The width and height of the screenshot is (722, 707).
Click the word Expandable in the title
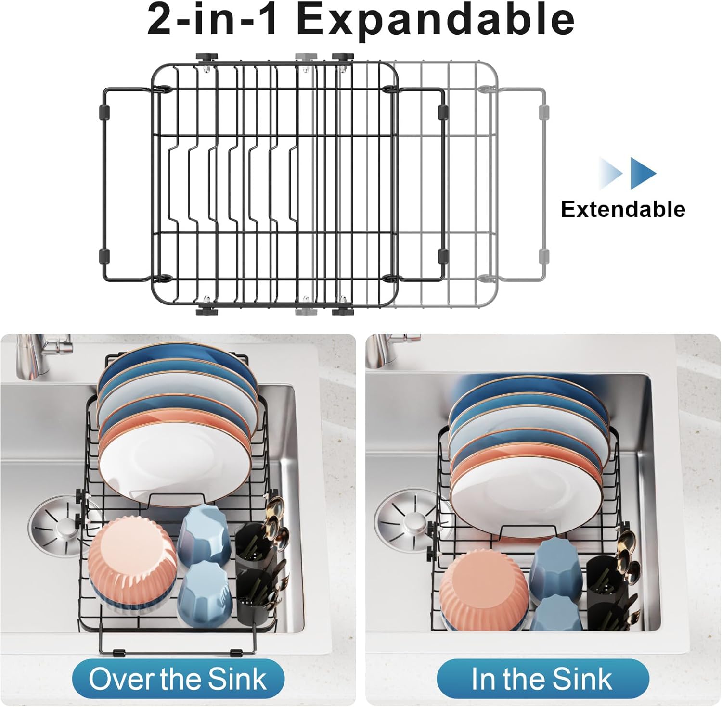[x=436, y=20]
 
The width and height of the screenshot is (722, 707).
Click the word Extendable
[x=623, y=209]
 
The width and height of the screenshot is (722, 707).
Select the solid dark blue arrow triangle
[x=642, y=173]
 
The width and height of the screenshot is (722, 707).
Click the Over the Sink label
[x=178, y=679]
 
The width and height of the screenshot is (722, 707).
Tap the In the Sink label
[x=542, y=679]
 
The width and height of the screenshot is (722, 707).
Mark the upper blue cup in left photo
[x=205, y=531]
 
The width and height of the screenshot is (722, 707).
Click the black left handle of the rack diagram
[x=103, y=183]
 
